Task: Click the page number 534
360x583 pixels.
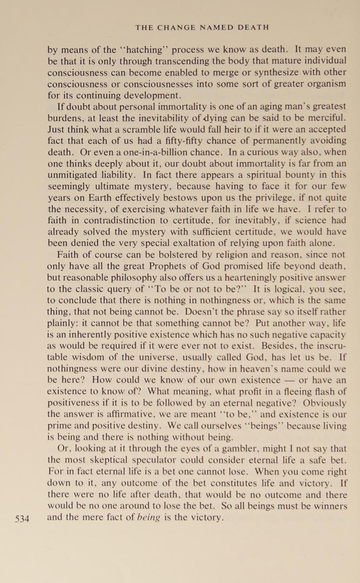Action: pyautogui.click(x=22, y=519)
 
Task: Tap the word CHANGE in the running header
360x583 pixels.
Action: pyautogui.click(x=174, y=27)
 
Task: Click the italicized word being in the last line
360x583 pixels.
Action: pyautogui.click(x=149, y=518)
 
